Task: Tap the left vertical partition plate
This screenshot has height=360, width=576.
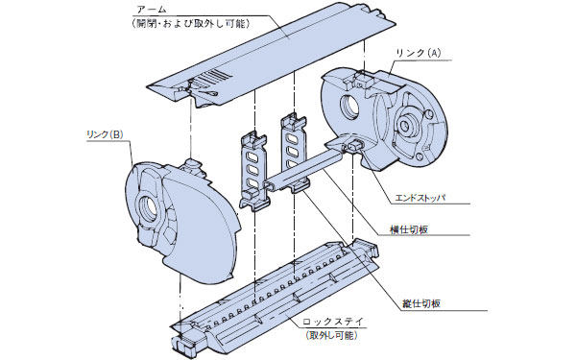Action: click(x=252, y=168)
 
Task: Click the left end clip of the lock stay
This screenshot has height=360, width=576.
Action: click(x=188, y=341)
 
